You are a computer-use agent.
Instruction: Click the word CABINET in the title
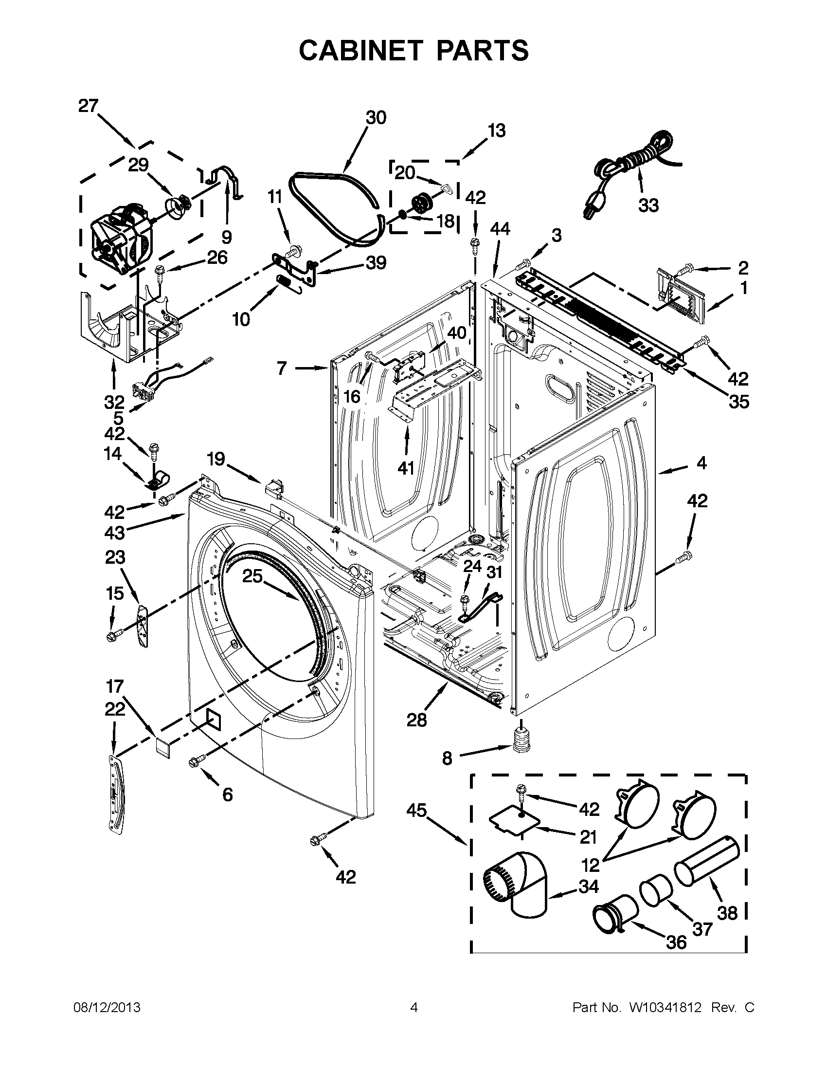tap(360, 50)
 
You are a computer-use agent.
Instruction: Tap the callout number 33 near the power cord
tap(648, 205)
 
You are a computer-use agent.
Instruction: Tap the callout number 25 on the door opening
tap(253, 576)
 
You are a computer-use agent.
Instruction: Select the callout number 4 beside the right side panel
tap(701, 462)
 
